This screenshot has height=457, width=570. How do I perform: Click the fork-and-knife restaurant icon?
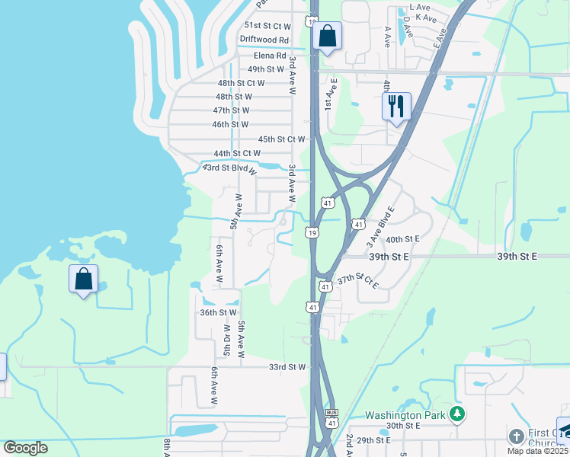(x=395, y=106)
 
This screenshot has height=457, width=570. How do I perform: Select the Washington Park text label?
(x=403, y=415)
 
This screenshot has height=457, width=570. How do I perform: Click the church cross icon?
(x=516, y=436)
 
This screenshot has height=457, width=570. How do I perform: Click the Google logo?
(x=26, y=448)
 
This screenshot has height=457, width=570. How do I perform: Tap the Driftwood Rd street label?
(x=264, y=40)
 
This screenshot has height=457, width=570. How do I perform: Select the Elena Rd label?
(x=270, y=56)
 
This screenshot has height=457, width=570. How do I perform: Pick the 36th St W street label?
(x=219, y=312)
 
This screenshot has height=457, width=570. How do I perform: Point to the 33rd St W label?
(x=287, y=367)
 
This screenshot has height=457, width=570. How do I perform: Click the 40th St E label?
(x=403, y=239)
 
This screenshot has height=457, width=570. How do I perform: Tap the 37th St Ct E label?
(x=358, y=281)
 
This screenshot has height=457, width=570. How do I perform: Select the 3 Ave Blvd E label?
(x=380, y=226)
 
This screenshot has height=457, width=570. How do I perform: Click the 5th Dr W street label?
(x=226, y=342)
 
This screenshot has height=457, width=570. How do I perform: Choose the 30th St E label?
(x=404, y=426)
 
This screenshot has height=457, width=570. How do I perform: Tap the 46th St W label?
(x=230, y=124)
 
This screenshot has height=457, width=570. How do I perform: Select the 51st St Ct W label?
(x=261, y=25)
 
